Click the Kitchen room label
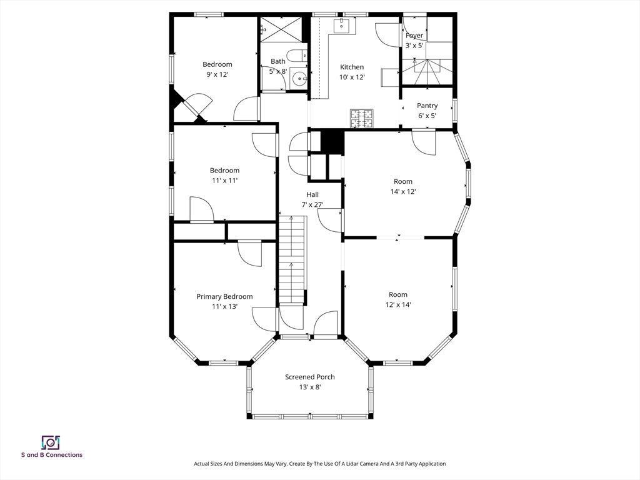click(351, 67)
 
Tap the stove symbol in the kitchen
click(361, 118)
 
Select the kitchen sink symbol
click(342, 25)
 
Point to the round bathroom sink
click(301, 79)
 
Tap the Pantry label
click(427, 106)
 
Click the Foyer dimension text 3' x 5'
click(414, 46)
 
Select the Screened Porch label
click(309, 377)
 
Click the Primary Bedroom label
click(224, 296)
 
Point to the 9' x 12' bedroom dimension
click(217, 74)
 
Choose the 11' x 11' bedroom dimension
click(224, 181)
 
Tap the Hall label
click(312, 194)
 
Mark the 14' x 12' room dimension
click(403, 192)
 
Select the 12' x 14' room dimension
click(398, 305)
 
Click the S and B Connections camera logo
click(51, 442)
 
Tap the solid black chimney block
click(332, 141)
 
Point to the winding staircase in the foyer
click(427, 69)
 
